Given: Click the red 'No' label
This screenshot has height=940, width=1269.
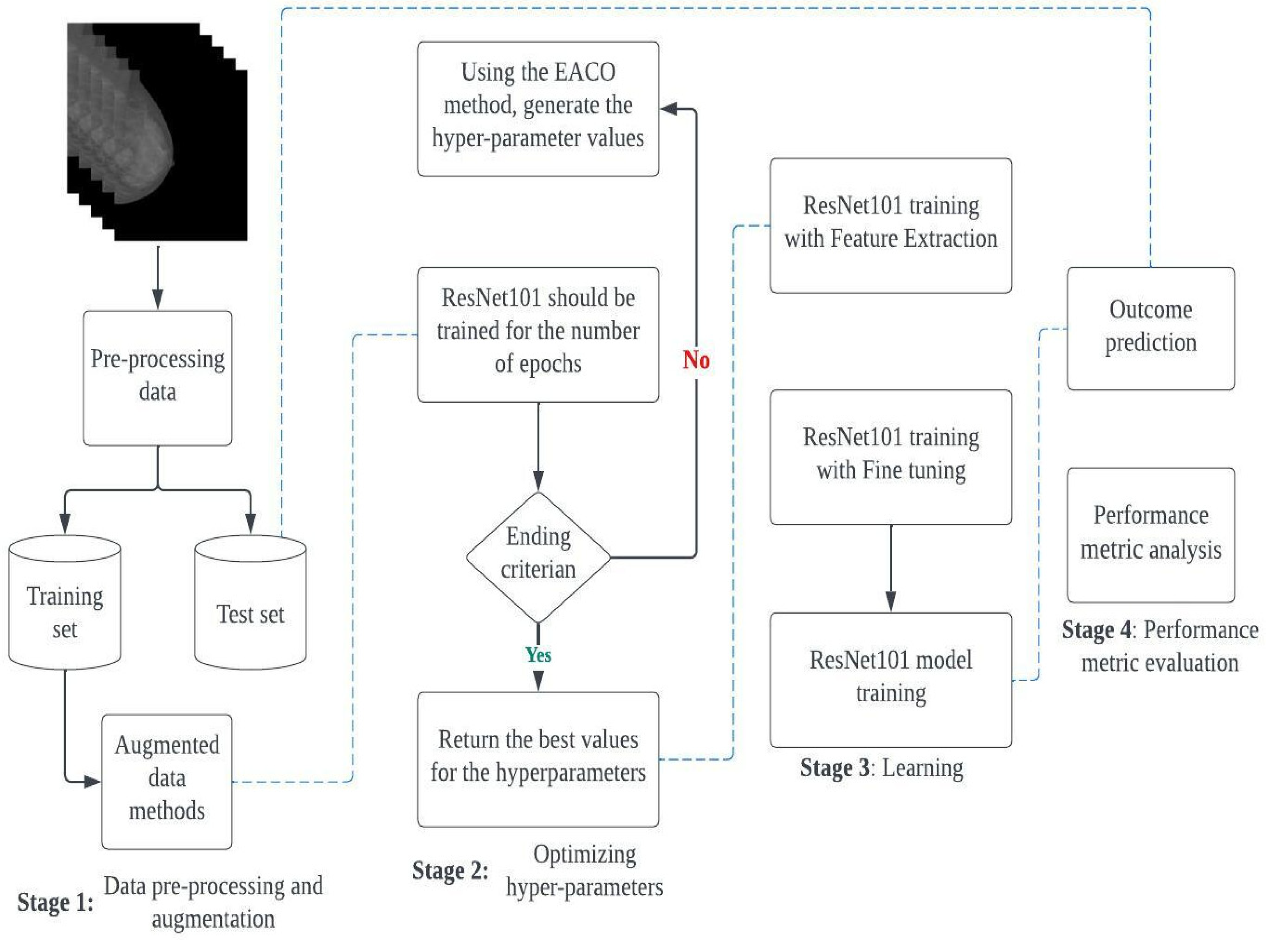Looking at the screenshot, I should click(x=696, y=360).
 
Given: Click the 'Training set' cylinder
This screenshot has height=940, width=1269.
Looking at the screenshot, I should click(x=65, y=603).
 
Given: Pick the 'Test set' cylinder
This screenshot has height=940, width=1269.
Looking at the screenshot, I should click(x=251, y=603).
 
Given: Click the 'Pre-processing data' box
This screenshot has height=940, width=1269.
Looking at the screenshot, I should click(x=158, y=377).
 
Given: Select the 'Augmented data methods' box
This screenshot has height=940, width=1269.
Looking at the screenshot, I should click(x=167, y=781).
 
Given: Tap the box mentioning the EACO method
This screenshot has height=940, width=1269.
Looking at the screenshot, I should click(x=538, y=108).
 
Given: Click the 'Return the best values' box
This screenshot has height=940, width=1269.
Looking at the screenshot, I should click(x=538, y=759).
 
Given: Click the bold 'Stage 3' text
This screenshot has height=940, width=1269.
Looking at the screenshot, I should click(x=835, y=768).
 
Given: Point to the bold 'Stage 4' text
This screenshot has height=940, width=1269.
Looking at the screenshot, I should click(x=1096, y=630).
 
